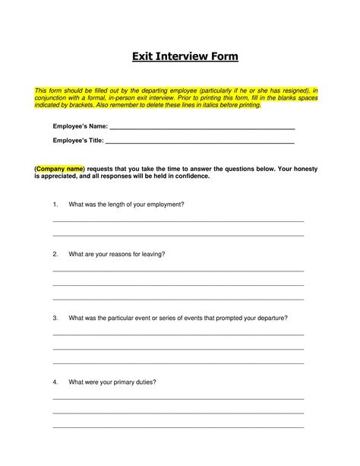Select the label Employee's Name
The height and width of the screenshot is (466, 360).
(80, 125)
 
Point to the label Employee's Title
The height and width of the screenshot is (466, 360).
(78, 140)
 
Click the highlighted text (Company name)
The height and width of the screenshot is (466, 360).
(59, 167)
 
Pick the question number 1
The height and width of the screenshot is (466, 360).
(55, 204)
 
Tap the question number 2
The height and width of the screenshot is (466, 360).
(55, 254)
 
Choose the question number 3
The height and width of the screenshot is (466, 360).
(55, 318)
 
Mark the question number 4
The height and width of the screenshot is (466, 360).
(55, 382)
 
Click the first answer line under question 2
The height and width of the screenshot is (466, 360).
(178, 271)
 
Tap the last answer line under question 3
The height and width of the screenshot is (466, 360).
(178, 363)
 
